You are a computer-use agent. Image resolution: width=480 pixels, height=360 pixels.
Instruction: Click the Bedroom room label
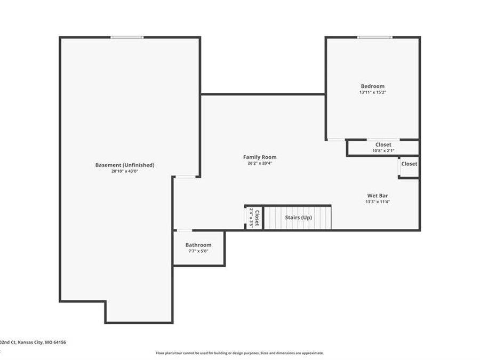click(x=372, y=86)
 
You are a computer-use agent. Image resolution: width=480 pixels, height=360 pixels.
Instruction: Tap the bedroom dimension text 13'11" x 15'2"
click(x=372, y=92)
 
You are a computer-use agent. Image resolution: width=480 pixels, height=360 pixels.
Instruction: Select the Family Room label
click(x=260, y=157)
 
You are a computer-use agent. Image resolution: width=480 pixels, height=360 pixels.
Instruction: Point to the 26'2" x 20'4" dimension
click(x=260, y=163)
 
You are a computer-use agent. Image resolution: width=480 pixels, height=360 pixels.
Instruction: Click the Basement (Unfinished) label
click(x=125, y=165)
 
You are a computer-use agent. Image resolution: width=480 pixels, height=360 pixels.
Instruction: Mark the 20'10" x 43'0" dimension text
click(x=125, y=171)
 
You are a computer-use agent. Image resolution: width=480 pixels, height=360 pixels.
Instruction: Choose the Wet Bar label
click(x=377, y=195)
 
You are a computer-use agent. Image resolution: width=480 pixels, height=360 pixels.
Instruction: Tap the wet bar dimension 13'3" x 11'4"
click(x=377, y=202)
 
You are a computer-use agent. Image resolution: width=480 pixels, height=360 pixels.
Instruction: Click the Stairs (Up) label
click(x=299, y=218)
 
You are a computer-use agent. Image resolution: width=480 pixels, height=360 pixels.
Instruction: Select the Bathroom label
click(x=198, y=245)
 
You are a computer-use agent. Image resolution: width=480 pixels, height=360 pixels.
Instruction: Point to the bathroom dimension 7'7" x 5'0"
click(x=198, y=251)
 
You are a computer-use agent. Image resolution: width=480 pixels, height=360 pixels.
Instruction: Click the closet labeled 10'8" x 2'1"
click(x=383, y=147)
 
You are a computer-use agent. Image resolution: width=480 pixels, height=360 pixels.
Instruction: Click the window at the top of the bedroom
click(x=374, y=37)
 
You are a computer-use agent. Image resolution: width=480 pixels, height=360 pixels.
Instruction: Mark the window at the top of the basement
click(x=127, y=37)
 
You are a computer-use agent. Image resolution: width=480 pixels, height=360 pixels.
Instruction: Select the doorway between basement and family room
click(x=186, y=177)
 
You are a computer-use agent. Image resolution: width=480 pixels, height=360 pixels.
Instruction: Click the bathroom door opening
click(x=184, y=230)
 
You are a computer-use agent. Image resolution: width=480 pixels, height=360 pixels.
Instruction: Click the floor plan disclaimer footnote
click(x=239, y=353)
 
